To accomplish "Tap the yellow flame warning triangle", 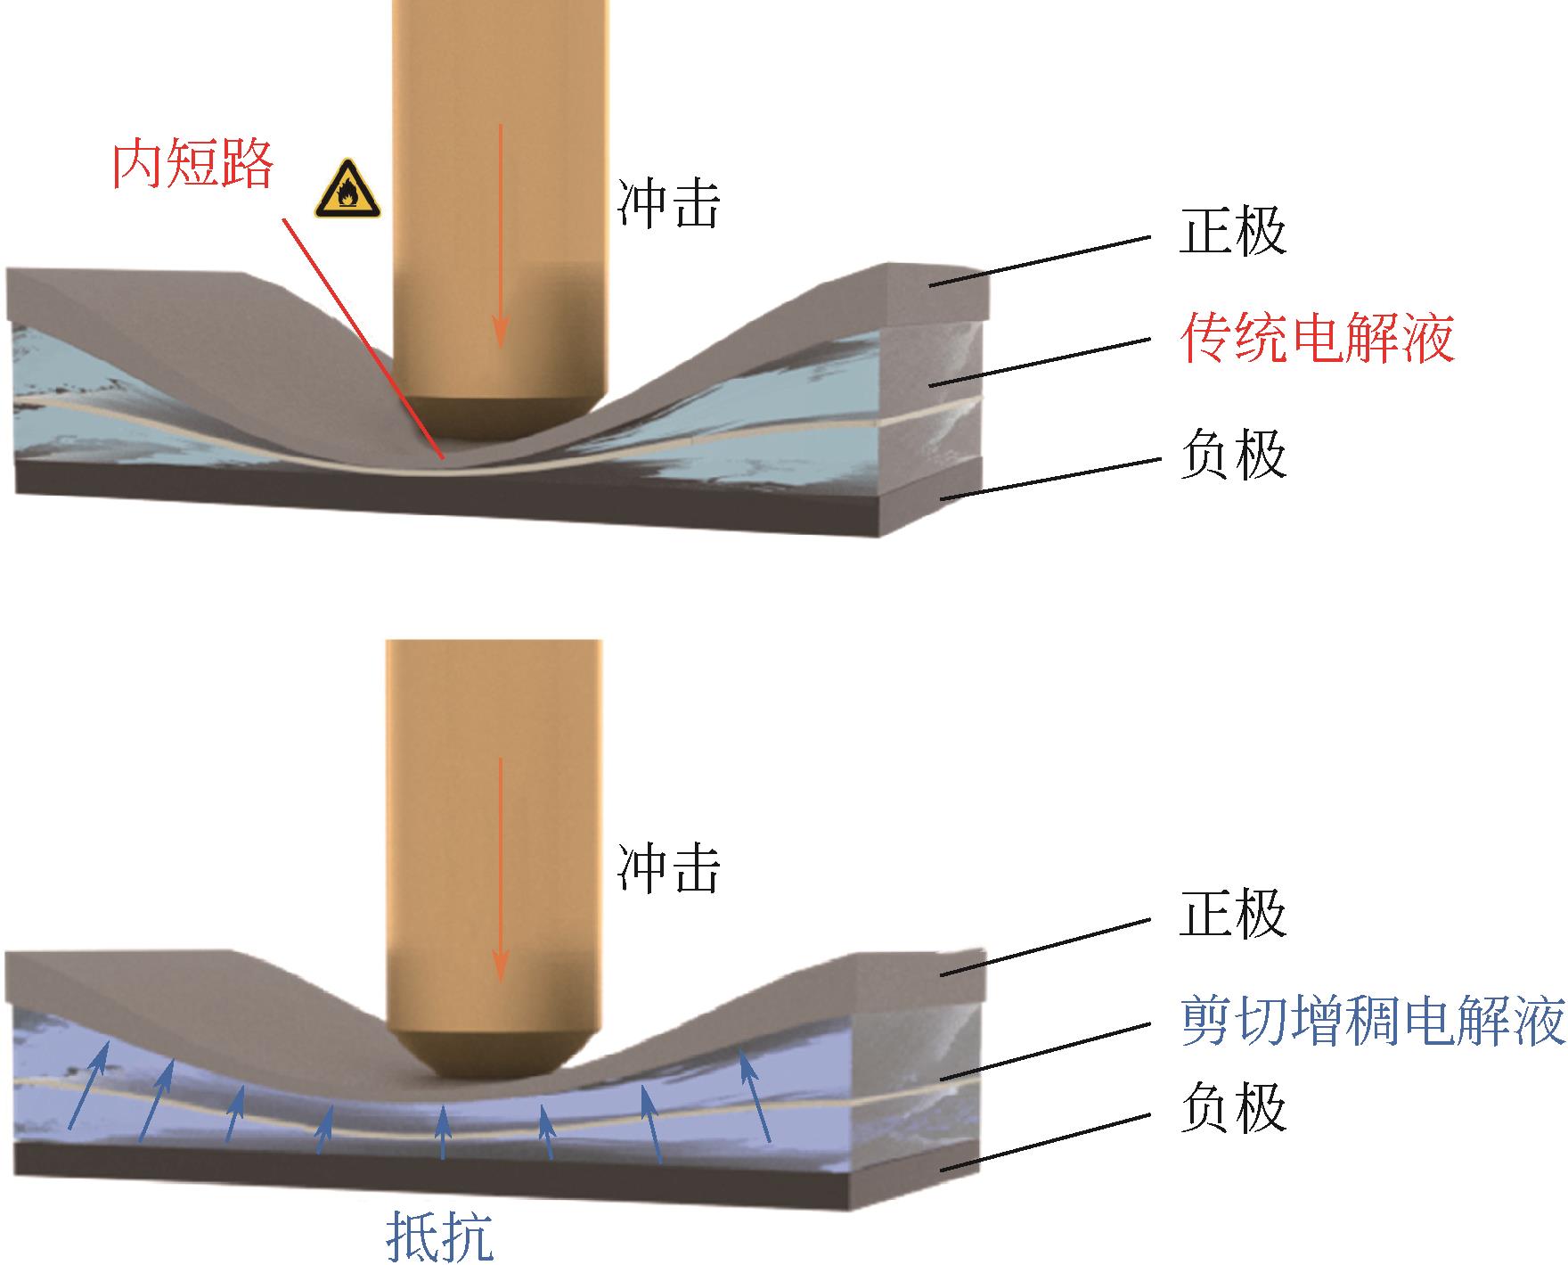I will click(347, 191).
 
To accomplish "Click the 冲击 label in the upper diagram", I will click(668, 205).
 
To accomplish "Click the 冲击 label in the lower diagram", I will click(668, 868).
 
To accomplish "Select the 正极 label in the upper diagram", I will click(1233, 232).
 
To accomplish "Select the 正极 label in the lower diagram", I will click(1233, 913).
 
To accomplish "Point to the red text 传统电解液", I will click(1317, 339).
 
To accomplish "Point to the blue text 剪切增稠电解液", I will click(1372, 1022).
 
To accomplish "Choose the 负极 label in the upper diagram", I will click(1233, 455).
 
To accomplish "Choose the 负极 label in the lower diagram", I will click(1233, 1108).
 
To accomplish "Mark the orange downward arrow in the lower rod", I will click(501, 869).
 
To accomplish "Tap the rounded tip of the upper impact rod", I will click(501, 419).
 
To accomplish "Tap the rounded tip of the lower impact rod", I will click(481, 1056).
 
